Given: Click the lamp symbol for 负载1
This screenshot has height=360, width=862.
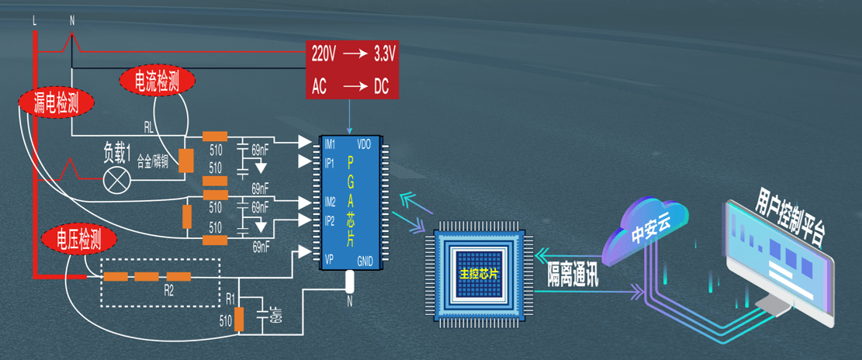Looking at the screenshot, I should (118, 179).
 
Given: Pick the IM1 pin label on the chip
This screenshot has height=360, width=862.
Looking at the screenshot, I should (330, 144).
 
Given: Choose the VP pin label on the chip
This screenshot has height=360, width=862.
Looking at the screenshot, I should (329, 258).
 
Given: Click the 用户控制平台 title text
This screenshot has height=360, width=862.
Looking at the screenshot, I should (788, 213).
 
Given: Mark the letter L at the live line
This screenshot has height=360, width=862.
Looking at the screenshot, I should (35, 21).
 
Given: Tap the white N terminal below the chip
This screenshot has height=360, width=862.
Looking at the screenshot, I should (349, 282).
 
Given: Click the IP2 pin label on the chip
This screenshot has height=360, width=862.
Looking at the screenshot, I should (330, 220).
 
